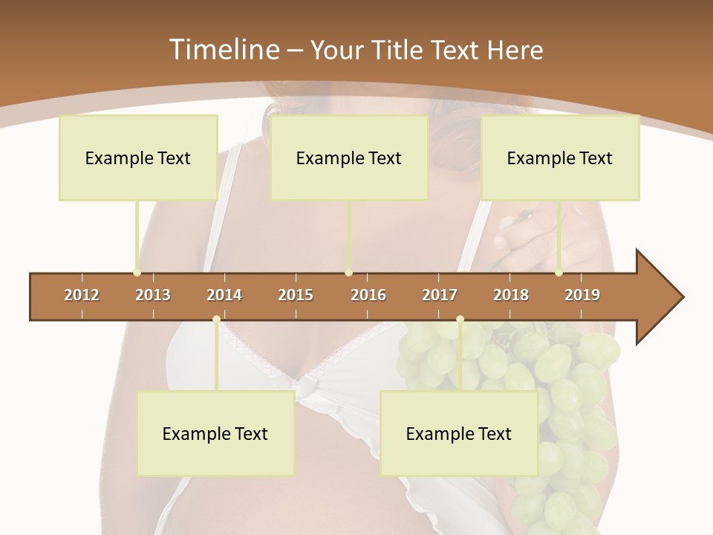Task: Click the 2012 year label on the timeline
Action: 82,295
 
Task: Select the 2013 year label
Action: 153,295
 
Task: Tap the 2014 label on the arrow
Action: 224,295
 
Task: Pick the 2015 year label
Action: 296,295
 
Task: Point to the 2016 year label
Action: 368,295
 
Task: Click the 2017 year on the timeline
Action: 440,295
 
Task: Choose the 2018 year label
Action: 511,295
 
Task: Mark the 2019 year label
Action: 582,295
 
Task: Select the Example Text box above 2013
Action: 138,158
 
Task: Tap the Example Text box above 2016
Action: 349,158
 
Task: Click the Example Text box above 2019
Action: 560,158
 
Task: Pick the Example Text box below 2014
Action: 215,433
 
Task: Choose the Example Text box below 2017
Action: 459,433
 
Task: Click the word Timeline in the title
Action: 224,50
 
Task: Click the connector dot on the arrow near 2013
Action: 137,273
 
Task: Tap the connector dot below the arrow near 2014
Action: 216,320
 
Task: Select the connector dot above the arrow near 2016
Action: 348,273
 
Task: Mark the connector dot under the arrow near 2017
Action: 460,320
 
